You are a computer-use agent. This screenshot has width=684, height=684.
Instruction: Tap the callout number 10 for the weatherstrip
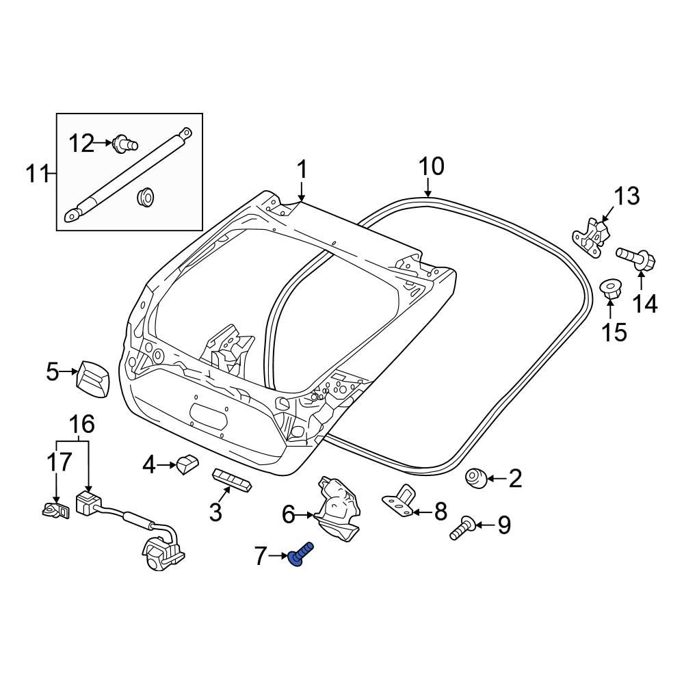click(x=431, y=166)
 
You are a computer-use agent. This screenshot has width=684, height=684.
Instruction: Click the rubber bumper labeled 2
click(x=476, y=478)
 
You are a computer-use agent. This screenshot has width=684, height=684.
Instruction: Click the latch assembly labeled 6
click(x=336, y=507)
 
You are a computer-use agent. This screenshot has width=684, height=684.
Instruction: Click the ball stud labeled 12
click(x=125, y=143)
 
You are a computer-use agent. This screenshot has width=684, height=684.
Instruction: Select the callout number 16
click(x=81, y=425)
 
